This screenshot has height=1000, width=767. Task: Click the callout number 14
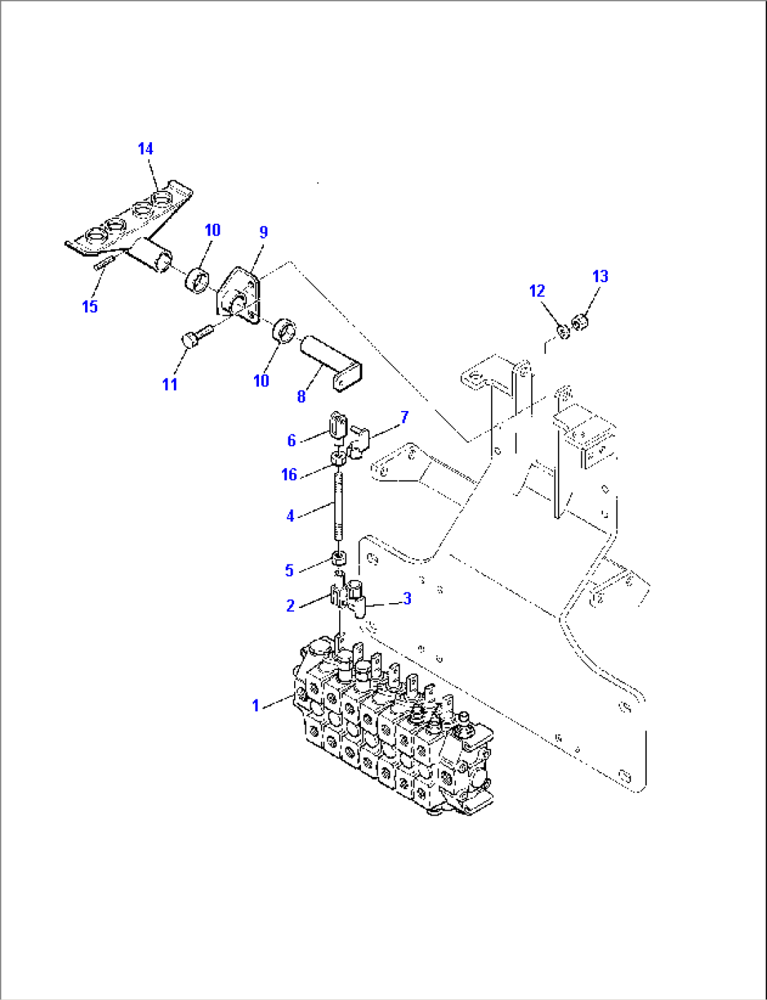point(145,148)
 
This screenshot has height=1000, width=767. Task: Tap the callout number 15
point(89,307)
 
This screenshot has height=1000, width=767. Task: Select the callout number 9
point(263,232)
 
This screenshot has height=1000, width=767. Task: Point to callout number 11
point(170,384)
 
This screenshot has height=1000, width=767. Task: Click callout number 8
point(301,396)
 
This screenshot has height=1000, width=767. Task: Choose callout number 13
point(600,277)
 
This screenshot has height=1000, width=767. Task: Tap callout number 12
point(537,291)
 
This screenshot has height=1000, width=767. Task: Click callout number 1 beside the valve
point(256,705)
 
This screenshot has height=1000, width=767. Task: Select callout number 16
point(289,475)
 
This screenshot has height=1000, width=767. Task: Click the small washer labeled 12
point(563,330)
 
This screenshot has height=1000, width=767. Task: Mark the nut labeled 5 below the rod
point(338,561)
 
